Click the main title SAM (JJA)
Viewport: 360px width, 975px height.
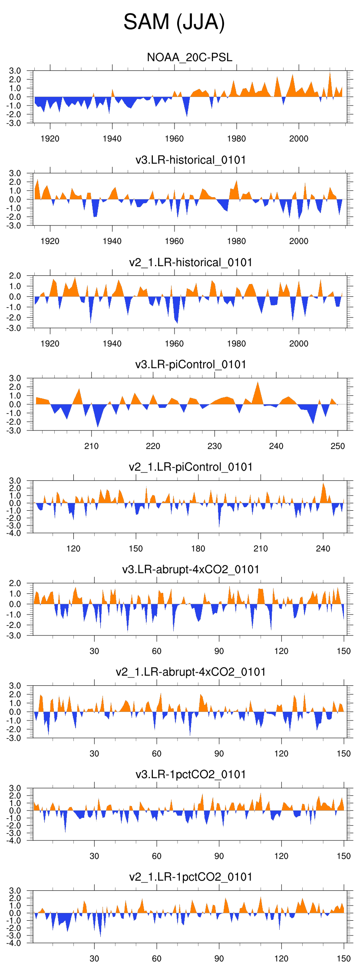[174, 22]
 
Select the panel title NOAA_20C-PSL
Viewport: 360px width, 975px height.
[190, 57]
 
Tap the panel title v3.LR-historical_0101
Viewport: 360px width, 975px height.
[191, 160]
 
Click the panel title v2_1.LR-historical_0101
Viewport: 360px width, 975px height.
[191, 262]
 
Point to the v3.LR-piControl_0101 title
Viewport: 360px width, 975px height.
[191, 364]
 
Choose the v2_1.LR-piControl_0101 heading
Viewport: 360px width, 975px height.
[191, 467]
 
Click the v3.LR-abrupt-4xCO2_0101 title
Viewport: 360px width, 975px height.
[191, 569]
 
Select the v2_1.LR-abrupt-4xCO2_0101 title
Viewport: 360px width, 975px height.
[191, 672]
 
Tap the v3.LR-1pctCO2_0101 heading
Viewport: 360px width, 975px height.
[191, 774]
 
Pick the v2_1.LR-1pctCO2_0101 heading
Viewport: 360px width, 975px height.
[191, 877]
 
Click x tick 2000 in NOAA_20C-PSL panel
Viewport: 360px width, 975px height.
[299, 139]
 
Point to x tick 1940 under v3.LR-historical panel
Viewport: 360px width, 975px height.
[112, 241]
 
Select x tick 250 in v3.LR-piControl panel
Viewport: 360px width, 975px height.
[338, 446]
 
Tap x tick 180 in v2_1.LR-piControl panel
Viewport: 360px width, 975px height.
[198, 549]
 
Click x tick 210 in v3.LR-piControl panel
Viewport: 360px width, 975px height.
[91, 446]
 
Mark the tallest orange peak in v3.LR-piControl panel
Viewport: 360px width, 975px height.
[258, 382]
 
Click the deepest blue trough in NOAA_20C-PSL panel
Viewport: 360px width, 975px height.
[187, 116]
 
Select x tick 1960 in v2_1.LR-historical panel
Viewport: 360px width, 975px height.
[174, 344]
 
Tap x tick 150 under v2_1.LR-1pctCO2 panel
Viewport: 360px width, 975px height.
[343, 958]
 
